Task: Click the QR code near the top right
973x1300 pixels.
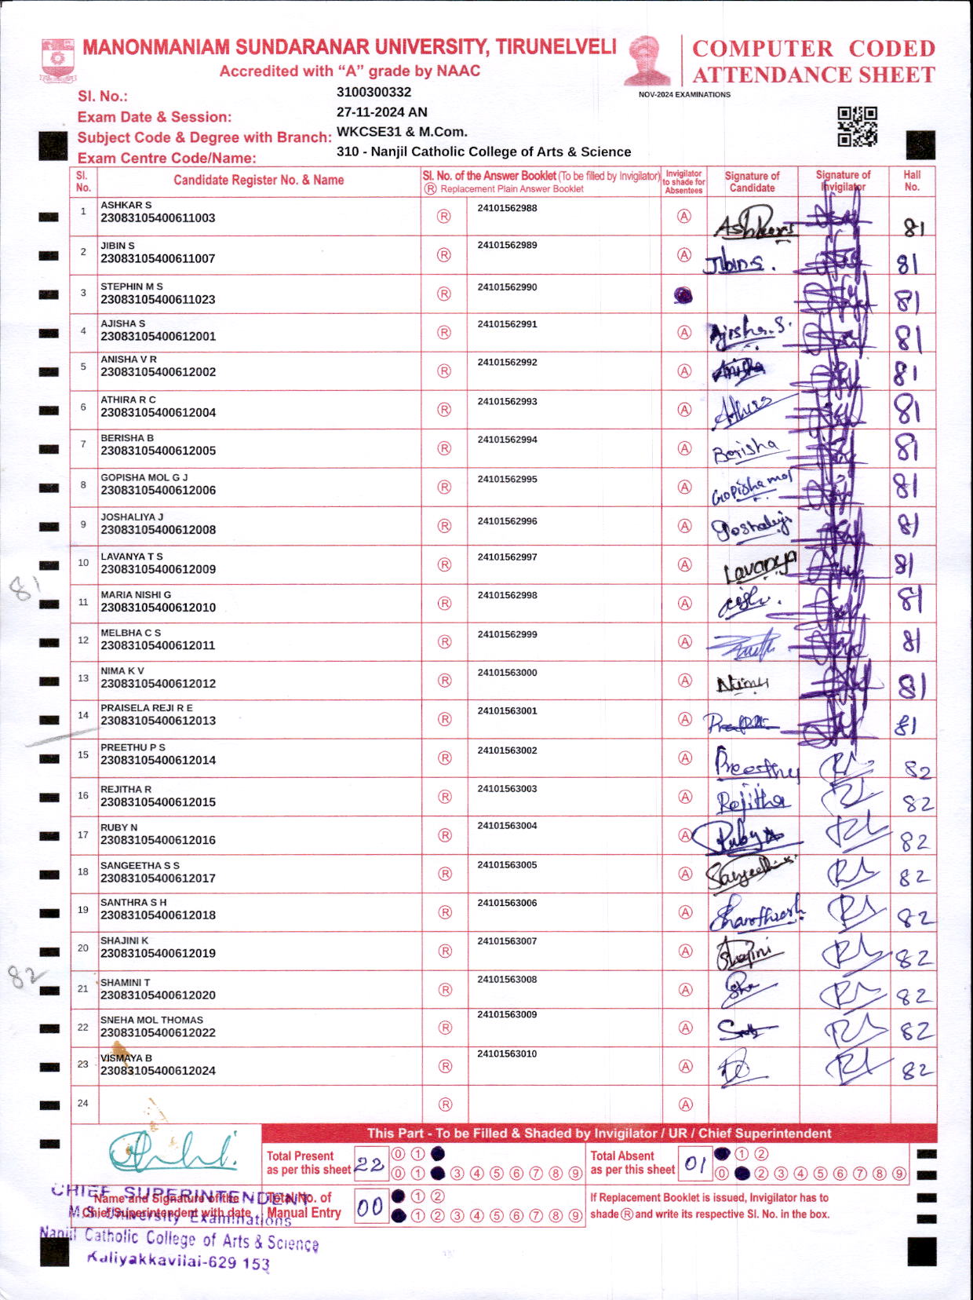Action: (857, 126)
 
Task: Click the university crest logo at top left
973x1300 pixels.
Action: (58, 60)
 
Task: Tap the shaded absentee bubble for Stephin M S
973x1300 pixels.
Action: (683, 295)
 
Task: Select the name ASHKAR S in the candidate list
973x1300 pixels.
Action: (126, 205)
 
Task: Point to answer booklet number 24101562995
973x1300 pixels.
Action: (507, 479)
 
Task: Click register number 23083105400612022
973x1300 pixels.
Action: (158, 1032)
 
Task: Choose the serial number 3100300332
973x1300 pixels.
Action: (374, 92)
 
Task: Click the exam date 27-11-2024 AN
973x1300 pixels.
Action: (381, 112)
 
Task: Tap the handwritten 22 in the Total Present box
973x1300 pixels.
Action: (369, 1164)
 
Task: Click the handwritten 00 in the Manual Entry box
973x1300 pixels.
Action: (370, 1207)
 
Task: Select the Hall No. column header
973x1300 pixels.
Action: (912, 181)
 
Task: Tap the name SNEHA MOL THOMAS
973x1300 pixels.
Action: (151, 1020)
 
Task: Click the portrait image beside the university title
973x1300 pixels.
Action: (647, 60)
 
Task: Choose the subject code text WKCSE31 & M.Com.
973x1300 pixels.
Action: (402, 132)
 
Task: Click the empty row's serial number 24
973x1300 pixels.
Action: (83, 1103)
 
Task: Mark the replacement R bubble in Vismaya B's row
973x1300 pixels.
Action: (445, 1066)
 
